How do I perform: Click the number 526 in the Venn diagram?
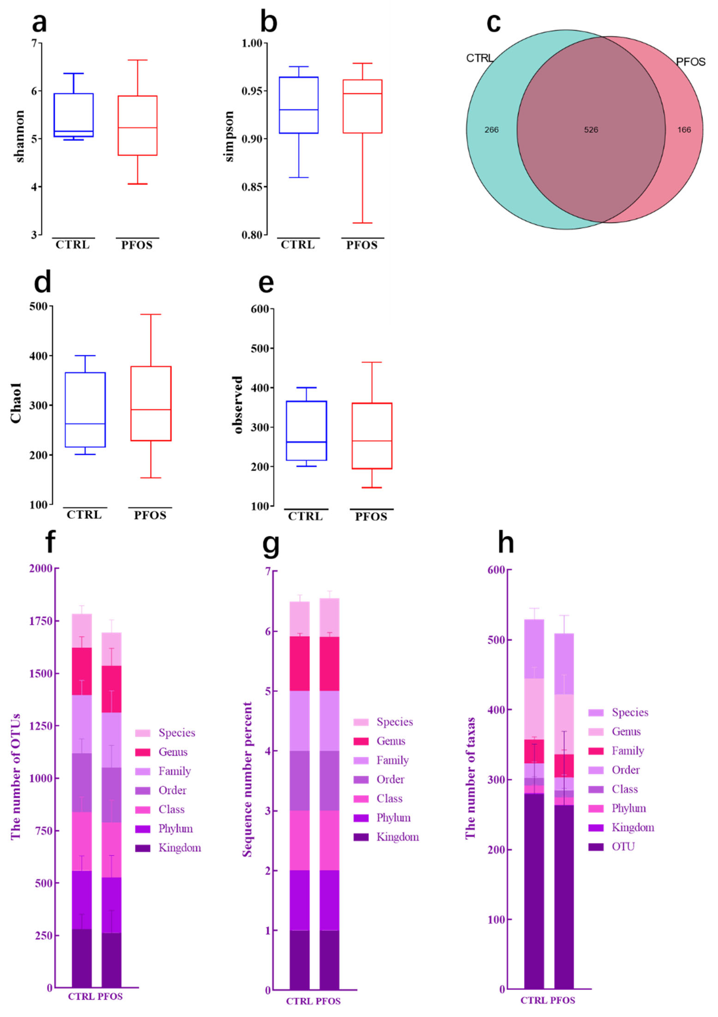(x=591, y=130)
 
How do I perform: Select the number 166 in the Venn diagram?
(x=684, y=130)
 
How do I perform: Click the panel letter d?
(x=43, y=282)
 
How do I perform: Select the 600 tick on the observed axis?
(x=260, y=309)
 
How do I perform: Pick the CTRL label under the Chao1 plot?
(x=84, y=515)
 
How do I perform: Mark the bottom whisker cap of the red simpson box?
(x=362, y=223)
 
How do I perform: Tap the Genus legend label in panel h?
(x=626, y=732)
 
